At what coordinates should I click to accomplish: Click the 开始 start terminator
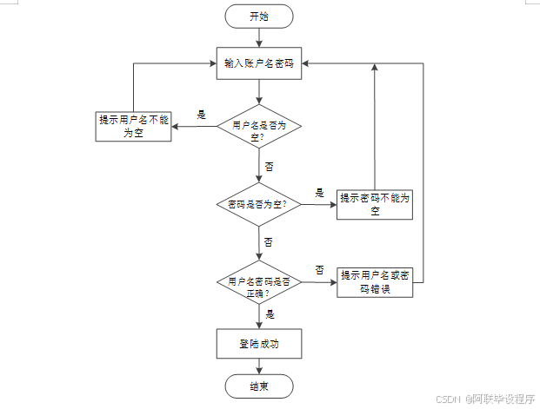(259, 16)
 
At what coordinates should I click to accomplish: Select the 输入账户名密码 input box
(259, 63)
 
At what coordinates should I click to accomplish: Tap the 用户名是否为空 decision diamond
(259, 129)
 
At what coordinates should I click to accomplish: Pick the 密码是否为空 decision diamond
(259, 204)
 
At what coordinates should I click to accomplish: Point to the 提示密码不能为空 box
(375, 204)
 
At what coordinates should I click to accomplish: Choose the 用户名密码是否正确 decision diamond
(259, 281)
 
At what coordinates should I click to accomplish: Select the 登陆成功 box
(259, 344)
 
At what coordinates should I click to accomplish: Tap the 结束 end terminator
(259, 386)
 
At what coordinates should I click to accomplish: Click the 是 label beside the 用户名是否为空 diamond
(202, 115)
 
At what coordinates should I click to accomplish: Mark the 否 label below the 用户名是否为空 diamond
(269, 165)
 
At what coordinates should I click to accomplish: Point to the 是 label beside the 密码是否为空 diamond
(319, 193)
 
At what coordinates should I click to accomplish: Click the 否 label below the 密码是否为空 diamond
(269, 241)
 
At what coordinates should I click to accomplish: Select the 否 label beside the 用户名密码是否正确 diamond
(319, 269)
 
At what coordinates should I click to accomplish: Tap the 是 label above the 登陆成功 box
(270, 314)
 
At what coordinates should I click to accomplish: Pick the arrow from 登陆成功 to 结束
(259, 366)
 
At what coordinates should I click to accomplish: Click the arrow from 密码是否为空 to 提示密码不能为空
(317, 205)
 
